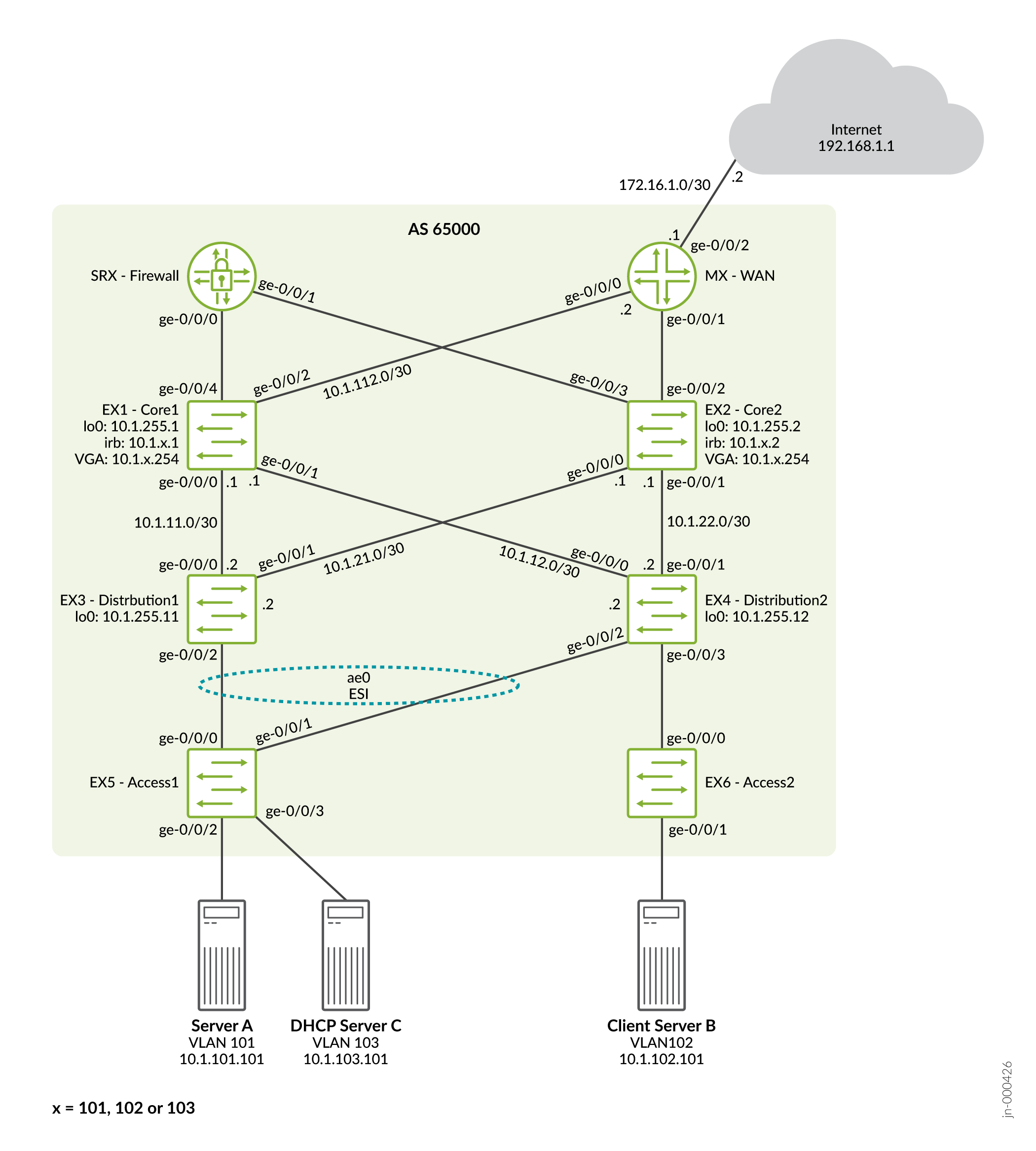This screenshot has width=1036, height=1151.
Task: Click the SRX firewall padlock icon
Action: (x=222, y=276)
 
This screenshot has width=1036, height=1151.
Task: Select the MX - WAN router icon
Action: (x=662, y=276)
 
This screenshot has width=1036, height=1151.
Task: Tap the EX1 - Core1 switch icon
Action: (x=222, y=435)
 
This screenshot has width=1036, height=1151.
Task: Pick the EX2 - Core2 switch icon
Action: (x=662, y=435)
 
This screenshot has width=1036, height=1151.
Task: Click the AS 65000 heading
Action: (x=444, y=229)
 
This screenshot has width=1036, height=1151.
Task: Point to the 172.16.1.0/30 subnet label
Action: (x=665, y=185)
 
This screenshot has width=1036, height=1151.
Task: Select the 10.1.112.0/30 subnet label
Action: (x=367, y=381)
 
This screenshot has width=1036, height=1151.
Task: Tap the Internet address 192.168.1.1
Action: (x=855, y=147)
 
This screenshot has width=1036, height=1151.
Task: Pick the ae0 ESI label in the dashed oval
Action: (x=359, y=685)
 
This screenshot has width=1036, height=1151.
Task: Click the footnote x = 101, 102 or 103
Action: (x=123, y=1108)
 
